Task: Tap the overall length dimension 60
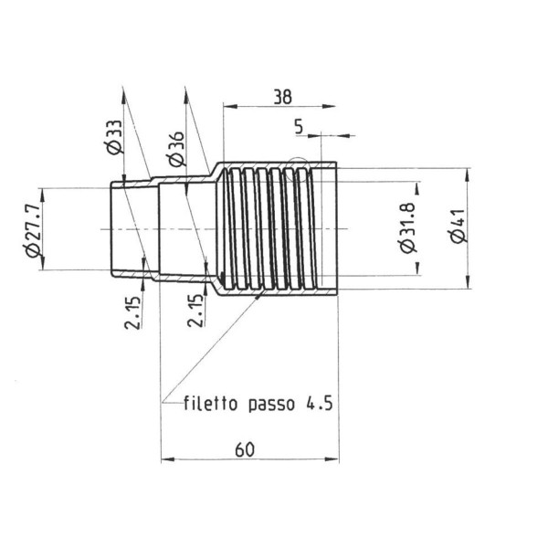pos(244,448)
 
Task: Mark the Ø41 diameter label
pos(457,226)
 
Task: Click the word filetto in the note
pos(213,403)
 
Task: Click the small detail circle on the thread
pos(296,171)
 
